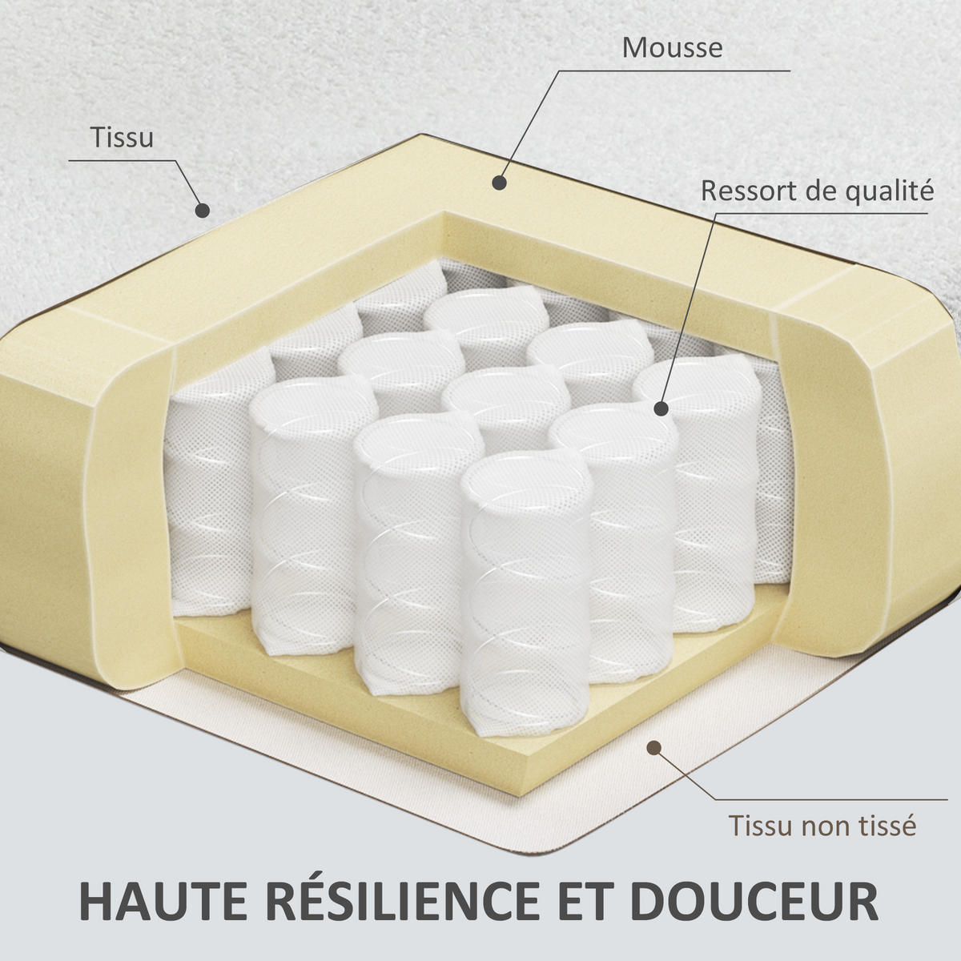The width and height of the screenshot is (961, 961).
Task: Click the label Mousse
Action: tap(672, 48)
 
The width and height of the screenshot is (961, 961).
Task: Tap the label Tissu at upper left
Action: tap(122, 138)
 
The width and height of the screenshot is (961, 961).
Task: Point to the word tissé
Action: tap(887, 826)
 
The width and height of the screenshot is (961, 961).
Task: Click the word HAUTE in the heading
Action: tap(163, 901)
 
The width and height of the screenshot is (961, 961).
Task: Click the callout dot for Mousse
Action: tap(499, 183)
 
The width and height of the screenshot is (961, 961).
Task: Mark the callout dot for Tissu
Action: tap(202, 211)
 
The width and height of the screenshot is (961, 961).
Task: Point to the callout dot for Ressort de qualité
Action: tap(661, 408)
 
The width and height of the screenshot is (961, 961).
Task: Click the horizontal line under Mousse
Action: tap(674, 70)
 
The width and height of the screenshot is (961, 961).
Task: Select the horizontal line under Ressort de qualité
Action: tap(822, 214)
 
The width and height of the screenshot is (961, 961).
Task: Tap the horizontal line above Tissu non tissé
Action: tap(830, 799)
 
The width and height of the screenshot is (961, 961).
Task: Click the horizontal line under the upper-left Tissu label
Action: tap(123, 161)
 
